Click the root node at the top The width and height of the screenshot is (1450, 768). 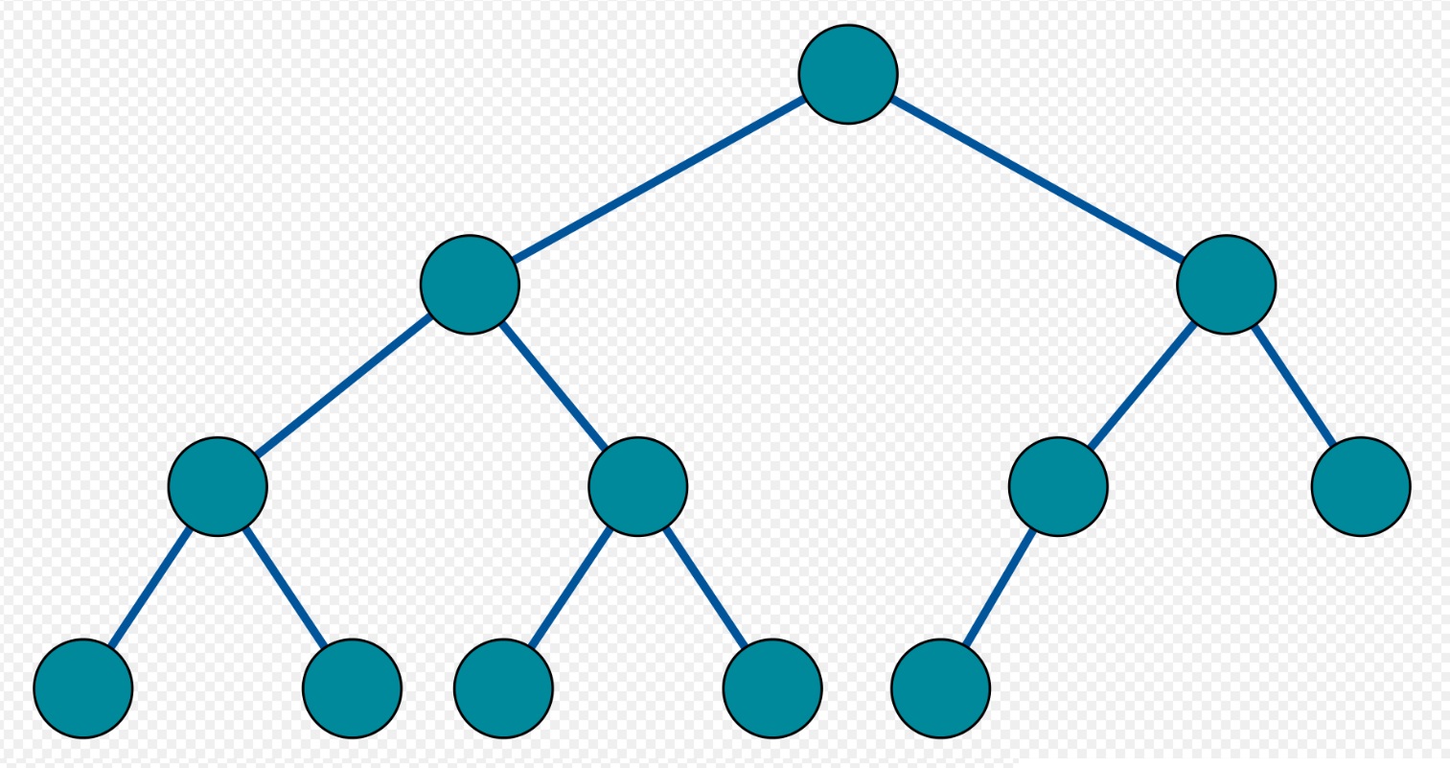848,74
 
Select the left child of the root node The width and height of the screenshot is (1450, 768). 470,285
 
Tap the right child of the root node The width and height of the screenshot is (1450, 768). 1226,285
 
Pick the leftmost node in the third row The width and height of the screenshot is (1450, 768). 218,486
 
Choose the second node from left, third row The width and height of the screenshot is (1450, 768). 637,486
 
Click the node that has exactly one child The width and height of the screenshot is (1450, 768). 1058,486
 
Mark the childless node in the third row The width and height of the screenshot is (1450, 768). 1361,486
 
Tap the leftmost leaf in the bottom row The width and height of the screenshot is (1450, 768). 83,688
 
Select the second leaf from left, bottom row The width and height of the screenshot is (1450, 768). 352,688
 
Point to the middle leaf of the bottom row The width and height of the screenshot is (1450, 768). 503,688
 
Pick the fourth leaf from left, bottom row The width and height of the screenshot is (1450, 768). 772,688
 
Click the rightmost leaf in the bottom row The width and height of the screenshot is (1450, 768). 940,688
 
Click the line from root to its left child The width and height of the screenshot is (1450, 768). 658,179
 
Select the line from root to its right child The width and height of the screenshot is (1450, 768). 1037,179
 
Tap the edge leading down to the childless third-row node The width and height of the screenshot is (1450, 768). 1294,385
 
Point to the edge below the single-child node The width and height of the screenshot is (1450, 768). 1000,587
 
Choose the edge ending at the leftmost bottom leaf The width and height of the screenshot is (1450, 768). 150,587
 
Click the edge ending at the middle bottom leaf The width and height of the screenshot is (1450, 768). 570,587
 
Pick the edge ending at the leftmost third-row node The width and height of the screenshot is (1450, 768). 343,385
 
